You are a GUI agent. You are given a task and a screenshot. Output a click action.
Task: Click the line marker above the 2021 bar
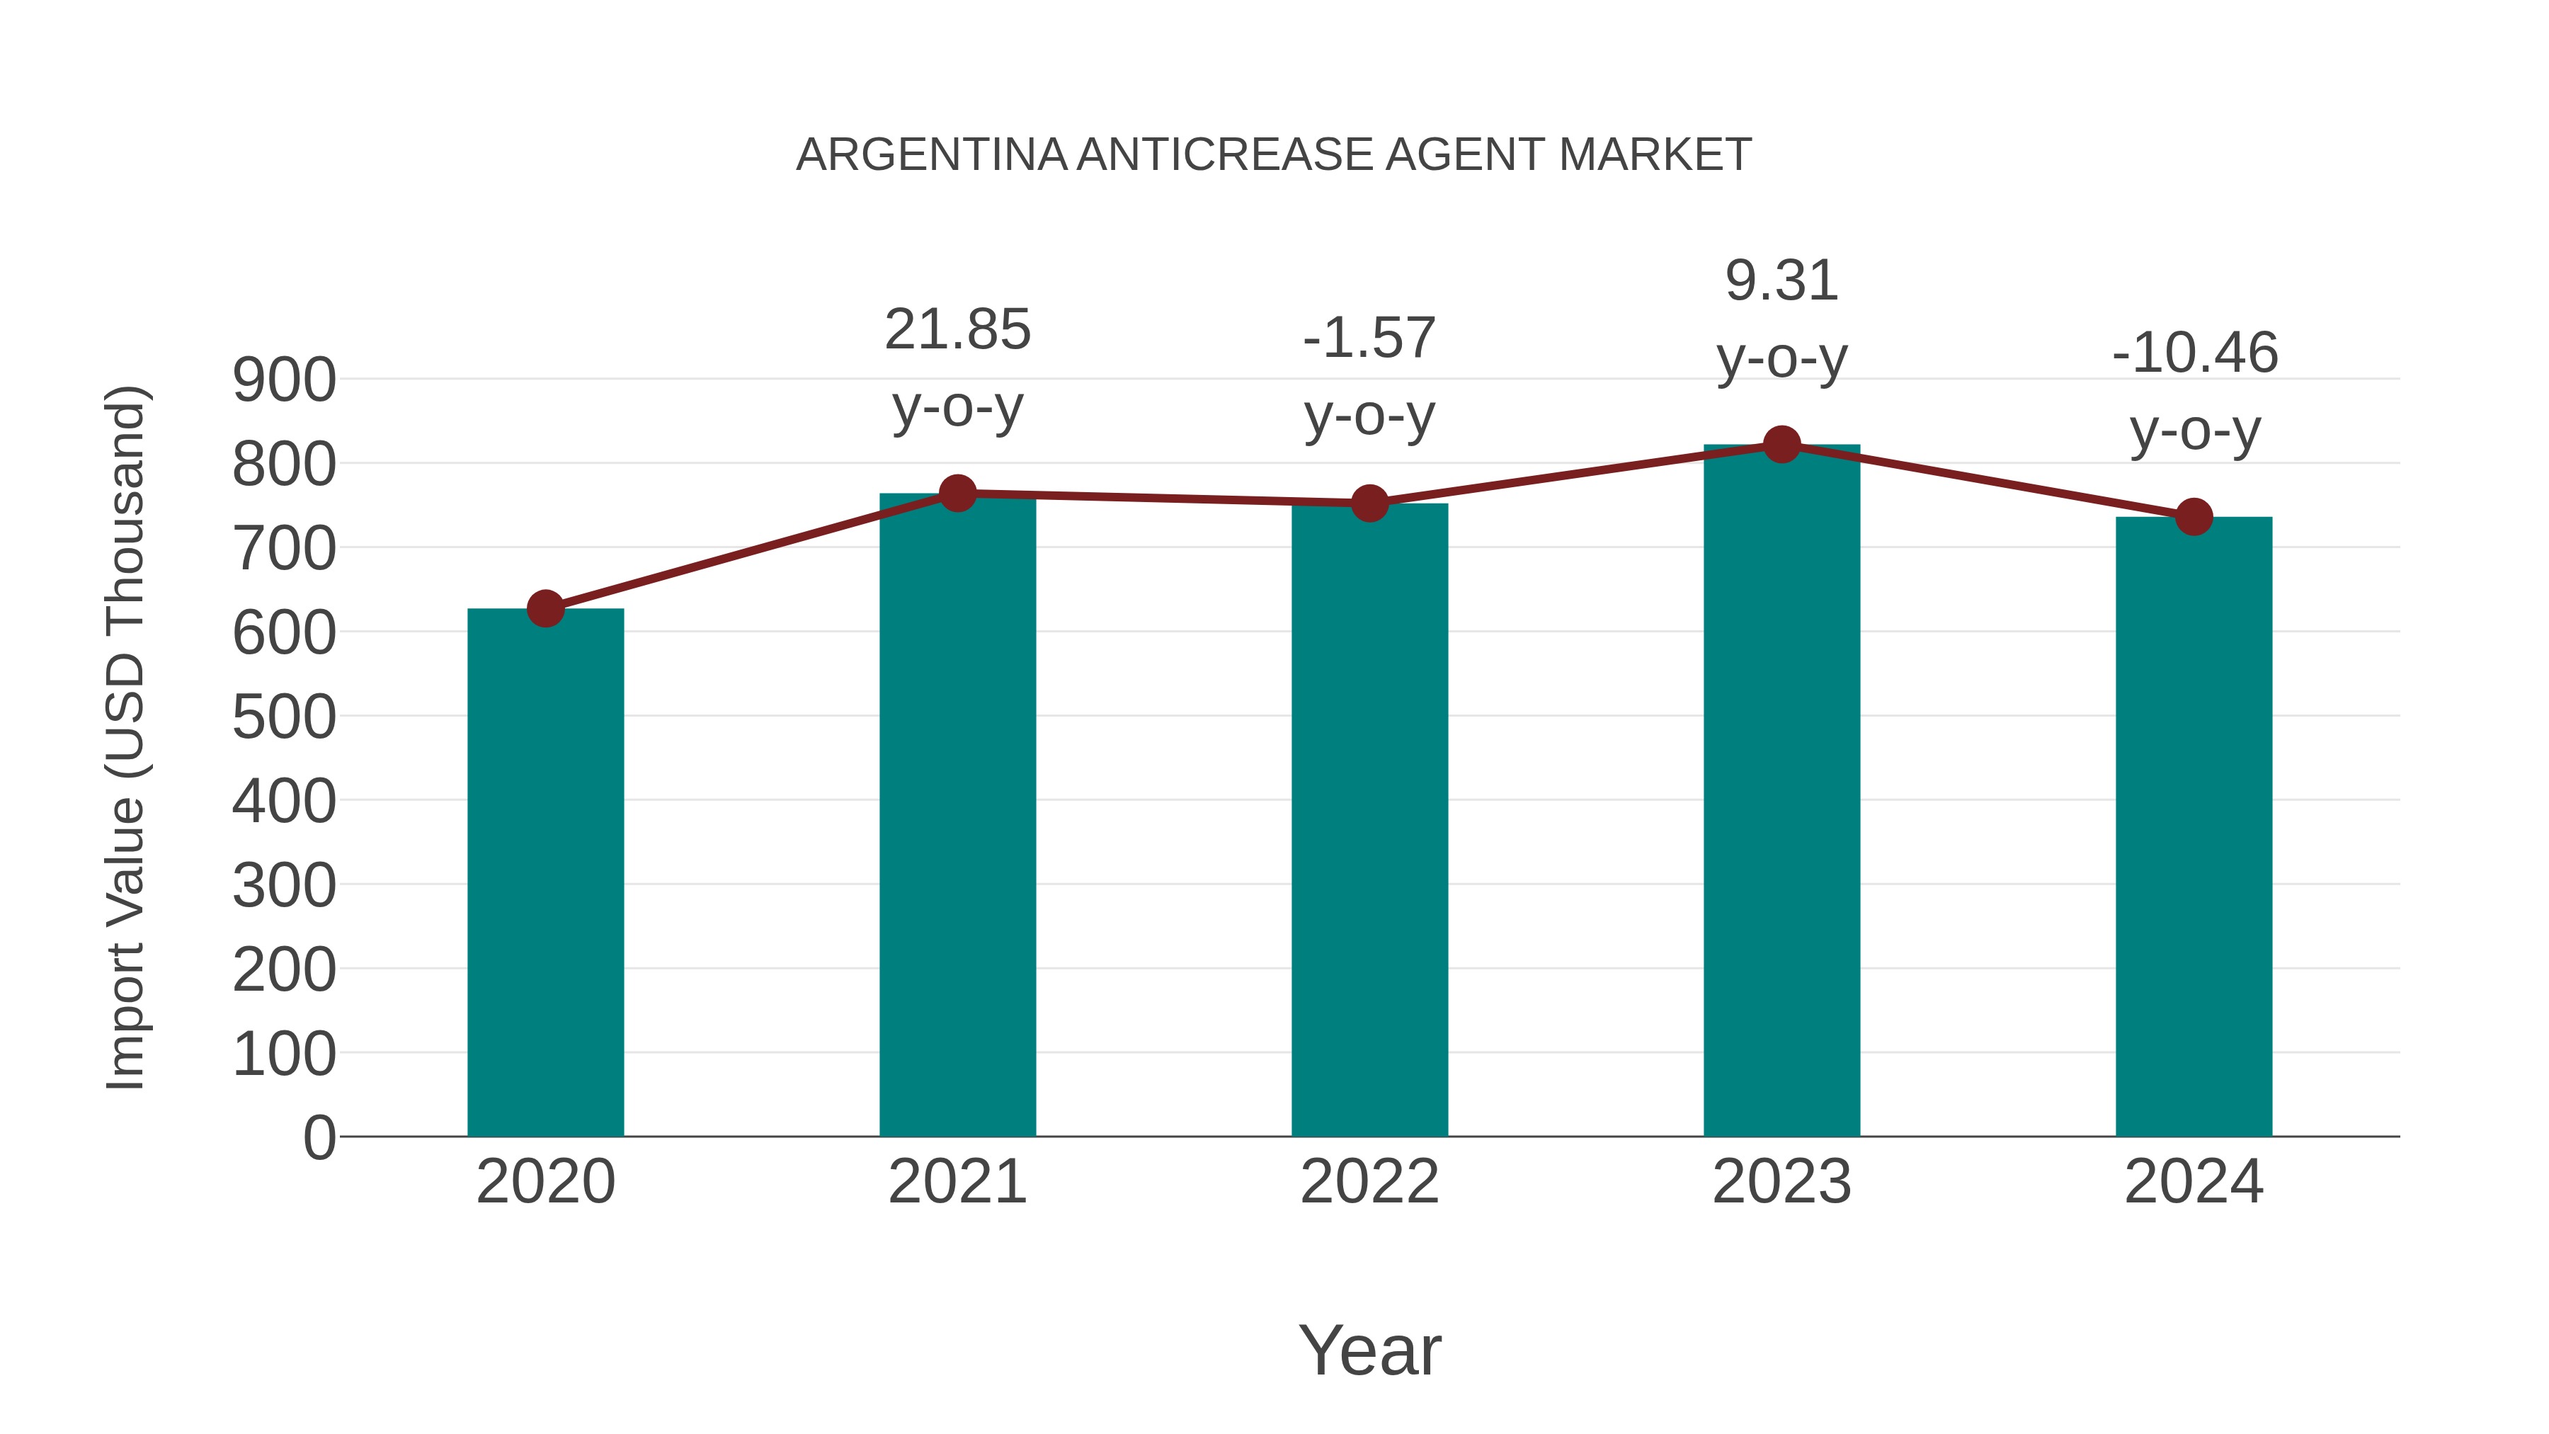pyautogui.click(x=957, y=493)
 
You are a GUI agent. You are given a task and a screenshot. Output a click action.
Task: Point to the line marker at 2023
pyautogui.click(x=1781, y=444)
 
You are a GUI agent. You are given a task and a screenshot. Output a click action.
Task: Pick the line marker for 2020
pyautogui.click(x=545, y=608)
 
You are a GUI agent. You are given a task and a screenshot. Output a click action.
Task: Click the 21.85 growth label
pyautogui.click(x=957, y=329)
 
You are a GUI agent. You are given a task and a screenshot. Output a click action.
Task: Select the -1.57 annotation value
pyautogui.click(x=1369, y=338)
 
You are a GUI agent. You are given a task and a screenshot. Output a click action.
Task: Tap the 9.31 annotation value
pyautogui.click(x=1781, y=281)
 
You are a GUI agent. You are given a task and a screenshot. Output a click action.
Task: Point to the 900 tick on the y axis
pyautogui.click(x=284, y=380)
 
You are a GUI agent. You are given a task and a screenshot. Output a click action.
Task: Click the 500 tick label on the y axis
pyautogui.click(x=284, y=717)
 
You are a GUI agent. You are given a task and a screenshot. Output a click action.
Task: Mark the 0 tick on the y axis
pyautogui.click(x=319, y=1137)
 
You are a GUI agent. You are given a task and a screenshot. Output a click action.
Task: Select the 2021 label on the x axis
pyautogui.click(x=957, y=1182)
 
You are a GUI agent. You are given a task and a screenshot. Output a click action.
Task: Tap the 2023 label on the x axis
pyautogui.click(x=1781, y=1182)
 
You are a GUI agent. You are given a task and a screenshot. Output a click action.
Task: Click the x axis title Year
pyautogui.click(x=1369, y=1350)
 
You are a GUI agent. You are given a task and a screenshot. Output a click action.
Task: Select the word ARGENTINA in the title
pyautogui.click(x=931, y=155)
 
